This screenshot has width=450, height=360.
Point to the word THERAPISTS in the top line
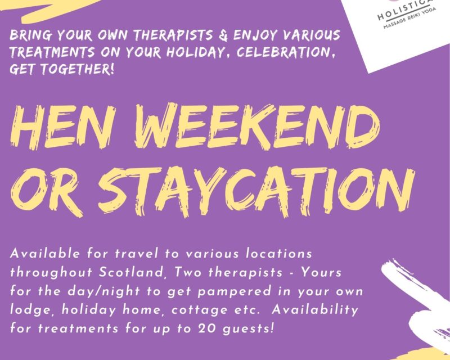pos(173,35)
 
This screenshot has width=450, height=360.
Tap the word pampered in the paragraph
pos(235,292)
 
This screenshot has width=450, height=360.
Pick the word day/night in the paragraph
pos(103,291)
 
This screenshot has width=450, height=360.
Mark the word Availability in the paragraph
pos(315,310)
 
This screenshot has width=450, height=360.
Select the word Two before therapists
pos(188,272)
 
